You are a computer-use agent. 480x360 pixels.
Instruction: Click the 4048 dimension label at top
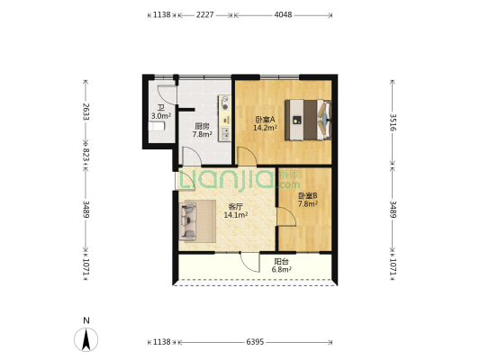pyautogui.click(x=283, y=14)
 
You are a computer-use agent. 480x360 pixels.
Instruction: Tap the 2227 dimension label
pyautogui.click(x=204, y=14)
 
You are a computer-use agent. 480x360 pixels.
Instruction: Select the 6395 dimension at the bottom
pyautogui.click(x=255, y=342)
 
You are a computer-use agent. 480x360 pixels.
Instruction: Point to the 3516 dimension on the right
pyautogui.click(x=393, y=122)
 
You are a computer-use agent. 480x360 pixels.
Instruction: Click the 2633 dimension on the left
pyautogui.click(x=86, y=112)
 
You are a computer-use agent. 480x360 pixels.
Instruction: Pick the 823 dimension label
pyautogui.click(x=86, y=155)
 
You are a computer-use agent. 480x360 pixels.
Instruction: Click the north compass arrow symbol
pyautogui.click(x=86, y=339)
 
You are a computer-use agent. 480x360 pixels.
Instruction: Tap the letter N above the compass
pyautogui.click(x=86, y=320)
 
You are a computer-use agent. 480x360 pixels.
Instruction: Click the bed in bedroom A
pyautogui.click(x=308, y=120)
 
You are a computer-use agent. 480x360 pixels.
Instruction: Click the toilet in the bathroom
pyautogui.click(x=157, y=126)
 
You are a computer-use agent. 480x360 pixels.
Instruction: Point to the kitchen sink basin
pyautogui.click(x=226, y=134)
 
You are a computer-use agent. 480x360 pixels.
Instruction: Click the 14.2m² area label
pyautogui.click(x=265, y=128)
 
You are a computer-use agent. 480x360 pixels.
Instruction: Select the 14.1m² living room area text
pyautogui.click(x=236, y=215)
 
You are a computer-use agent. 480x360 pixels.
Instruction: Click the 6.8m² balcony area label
pyautogui.click(x=281, y=269)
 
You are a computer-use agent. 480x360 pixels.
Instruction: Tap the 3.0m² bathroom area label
pyautogui.click(x=161, y=116)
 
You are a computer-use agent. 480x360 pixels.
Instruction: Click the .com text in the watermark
pyautogui.click(x=289, y=184)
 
